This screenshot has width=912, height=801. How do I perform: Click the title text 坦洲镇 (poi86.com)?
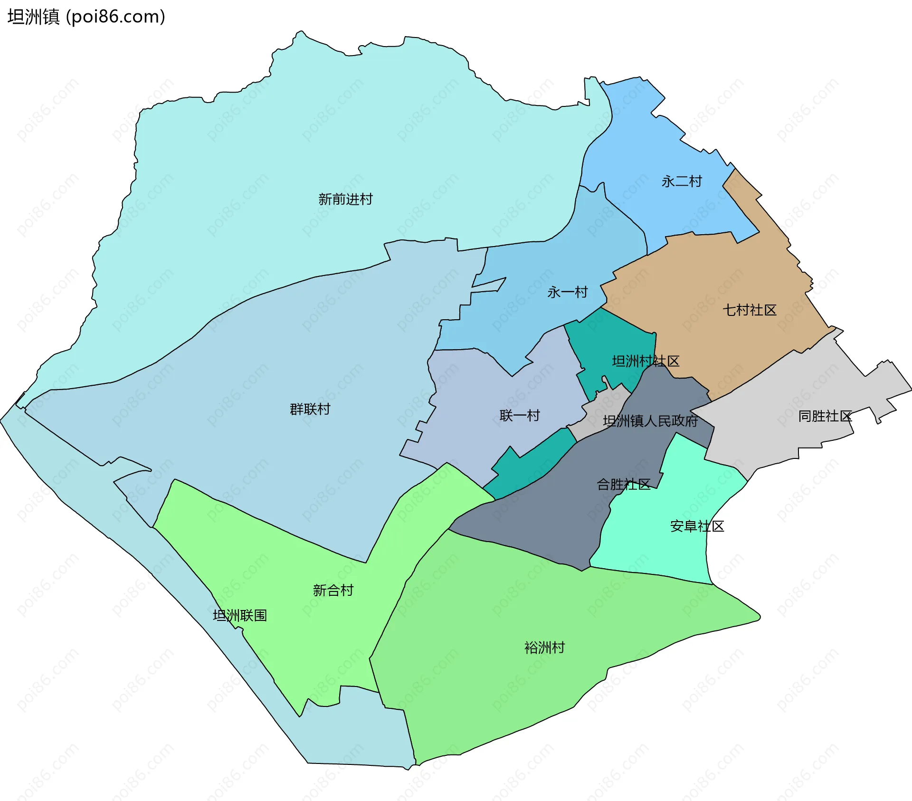point(86,17)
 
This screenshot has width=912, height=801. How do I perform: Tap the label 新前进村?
point(345,199)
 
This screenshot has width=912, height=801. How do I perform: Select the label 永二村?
point(682,181)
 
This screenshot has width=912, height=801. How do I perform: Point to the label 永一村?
point(568,292)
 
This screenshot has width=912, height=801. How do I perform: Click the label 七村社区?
point(749,310)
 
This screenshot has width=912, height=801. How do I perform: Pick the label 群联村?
point(310,409)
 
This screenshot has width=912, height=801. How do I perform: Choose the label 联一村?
point(520,416)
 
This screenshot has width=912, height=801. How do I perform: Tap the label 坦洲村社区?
point(646,362)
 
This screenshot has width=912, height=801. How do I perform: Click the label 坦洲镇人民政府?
point(650,421)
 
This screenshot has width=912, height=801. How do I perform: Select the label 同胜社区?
point(825,416)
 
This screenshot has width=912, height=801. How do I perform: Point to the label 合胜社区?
point(623,485)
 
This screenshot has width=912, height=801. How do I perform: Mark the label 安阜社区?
point(697,526)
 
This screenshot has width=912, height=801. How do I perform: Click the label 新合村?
point(333,590)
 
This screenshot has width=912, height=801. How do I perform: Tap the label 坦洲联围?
point(239,616)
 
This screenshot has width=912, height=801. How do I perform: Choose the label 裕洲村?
point(544,648)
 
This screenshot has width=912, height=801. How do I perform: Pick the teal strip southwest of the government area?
point(527,470)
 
